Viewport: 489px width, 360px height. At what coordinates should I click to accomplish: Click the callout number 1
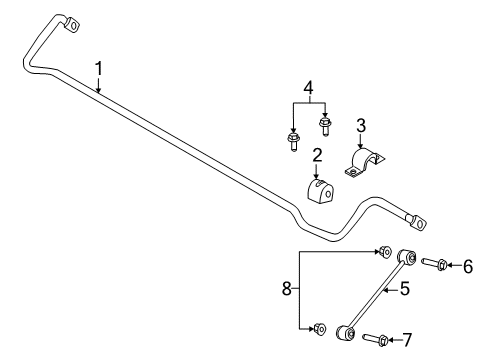(x=99, y=68)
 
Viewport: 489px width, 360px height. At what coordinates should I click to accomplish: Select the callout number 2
(x=317, y=156)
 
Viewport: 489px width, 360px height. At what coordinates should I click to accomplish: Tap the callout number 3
(x=361, y=125)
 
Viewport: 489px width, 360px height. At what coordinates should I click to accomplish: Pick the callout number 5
(x=405, y=290)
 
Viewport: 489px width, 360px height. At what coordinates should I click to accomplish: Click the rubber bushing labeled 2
(x=319, y=191)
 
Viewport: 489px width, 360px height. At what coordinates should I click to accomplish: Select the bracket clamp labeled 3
(x=368, y=163)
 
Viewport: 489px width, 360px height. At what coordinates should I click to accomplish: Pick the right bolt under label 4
(x=325, y=126)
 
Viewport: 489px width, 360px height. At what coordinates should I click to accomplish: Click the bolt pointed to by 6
(x=435, y=264)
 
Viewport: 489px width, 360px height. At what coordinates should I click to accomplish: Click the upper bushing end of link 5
(x=407, y=258)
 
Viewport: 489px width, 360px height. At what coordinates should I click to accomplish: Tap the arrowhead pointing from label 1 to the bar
(x=99, y=91)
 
